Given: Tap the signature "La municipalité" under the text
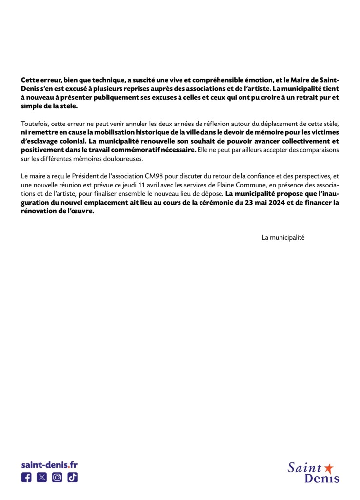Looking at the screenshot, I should [x=283, y=237].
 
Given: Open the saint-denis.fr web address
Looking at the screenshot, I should [x=49, y=465].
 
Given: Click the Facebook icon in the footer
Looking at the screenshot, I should [x=26, y=478].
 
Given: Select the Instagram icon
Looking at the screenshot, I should [x=57, y=478].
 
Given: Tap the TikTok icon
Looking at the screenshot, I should [x=72, y=478].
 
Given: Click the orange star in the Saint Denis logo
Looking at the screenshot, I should [x=329, y=468].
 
